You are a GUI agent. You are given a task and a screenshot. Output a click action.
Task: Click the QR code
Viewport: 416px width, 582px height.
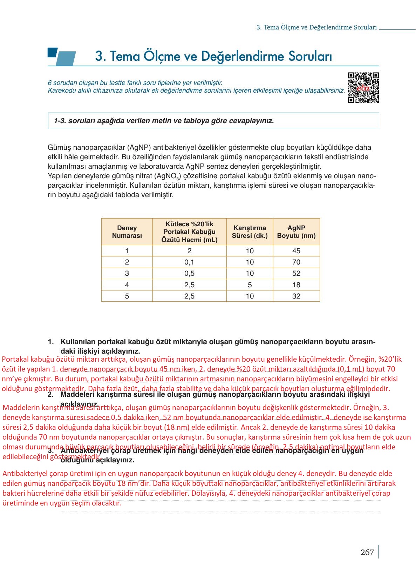click(x=363, y=88)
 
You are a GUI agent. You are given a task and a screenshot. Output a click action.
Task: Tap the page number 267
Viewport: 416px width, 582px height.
click(x=367, y=553)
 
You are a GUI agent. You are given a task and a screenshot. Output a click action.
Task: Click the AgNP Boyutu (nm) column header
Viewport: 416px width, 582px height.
click(x=296, y=232)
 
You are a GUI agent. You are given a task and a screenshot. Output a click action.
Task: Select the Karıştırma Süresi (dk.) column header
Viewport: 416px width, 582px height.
click(x=250, y=232)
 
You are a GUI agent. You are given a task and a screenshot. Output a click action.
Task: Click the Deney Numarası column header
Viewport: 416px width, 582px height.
click(x=127, y=232)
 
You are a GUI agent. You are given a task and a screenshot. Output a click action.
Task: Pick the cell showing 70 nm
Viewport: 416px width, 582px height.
click(x=296, y=262)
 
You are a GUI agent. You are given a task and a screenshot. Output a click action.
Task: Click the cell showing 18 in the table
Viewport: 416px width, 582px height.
click(x=296, y=285)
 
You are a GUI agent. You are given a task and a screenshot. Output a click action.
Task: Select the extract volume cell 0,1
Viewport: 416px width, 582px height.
click(x=189, y=262)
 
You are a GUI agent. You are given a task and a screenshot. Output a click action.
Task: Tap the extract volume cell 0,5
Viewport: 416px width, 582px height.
click(x=189, y=273)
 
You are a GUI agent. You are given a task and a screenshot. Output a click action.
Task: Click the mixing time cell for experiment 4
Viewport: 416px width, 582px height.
click(x=250, y=285)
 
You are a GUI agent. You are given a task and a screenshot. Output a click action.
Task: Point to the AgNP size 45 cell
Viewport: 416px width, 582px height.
click(x=296, y=251)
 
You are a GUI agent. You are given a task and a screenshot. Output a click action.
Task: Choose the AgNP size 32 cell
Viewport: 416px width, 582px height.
click(x=296, y=296)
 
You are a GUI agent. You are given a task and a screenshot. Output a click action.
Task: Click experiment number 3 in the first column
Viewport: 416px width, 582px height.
click(x=127, y=273)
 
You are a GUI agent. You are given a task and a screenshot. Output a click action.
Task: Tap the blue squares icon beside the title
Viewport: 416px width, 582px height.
click(x=61, y=56)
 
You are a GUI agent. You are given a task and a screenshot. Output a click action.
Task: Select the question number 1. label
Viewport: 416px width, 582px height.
click(x=51, y=342)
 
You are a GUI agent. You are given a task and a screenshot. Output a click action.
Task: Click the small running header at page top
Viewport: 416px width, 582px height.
click(x=316, y=27)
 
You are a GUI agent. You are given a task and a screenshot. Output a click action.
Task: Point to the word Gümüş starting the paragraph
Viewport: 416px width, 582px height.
click(x=57, y=147)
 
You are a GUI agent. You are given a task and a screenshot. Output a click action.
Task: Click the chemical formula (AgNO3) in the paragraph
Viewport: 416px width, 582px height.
click(x=168, y=176)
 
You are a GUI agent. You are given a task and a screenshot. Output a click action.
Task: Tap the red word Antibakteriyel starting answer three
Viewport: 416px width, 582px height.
click(x=25, y=474)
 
